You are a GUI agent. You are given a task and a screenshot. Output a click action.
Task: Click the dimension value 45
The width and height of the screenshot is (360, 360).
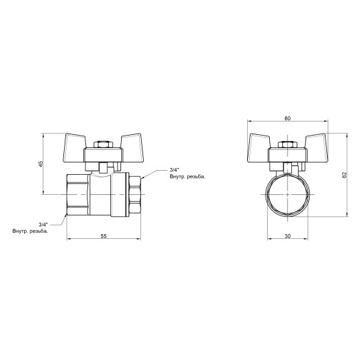(x=41, y=164)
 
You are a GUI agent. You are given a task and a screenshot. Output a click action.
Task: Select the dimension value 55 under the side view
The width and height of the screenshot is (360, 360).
(x=103, y=236)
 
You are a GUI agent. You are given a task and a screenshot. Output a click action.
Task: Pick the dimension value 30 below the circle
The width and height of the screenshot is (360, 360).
(x=286, y=236)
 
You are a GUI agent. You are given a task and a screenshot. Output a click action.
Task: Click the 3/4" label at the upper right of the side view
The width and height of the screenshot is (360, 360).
(x=176, y=170)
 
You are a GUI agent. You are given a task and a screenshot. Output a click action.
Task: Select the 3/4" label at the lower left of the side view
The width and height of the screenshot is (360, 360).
(x=43, y=224)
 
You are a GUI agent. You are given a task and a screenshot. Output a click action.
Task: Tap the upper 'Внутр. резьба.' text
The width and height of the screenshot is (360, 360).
(x=187, y=178)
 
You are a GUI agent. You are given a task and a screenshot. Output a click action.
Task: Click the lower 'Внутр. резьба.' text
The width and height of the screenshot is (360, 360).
(x=30, y=231)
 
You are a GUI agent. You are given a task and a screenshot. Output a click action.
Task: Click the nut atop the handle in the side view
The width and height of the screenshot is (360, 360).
(x=103, y=145)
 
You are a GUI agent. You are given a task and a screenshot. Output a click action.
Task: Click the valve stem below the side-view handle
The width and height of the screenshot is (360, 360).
(x=103, y=167)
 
